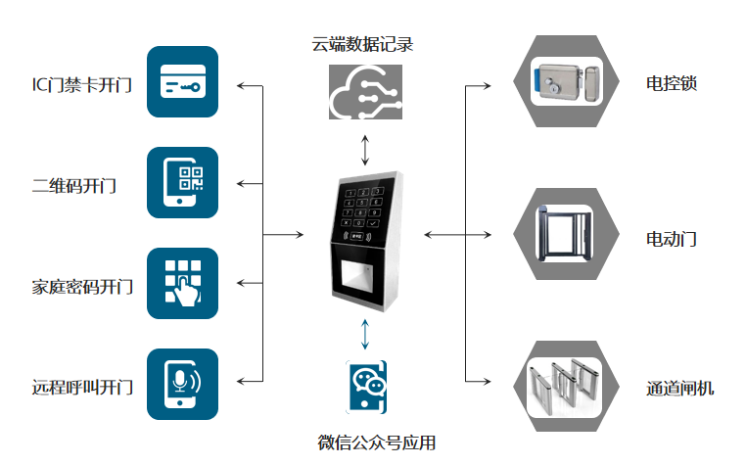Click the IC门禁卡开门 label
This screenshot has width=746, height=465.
(x=81, y=84)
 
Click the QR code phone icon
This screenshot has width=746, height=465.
(x=183, y=183)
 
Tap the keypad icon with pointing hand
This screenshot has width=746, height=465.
(x=183, y=283)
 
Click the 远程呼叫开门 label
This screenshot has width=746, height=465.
(x=81, y=387)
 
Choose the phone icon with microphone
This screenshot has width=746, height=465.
(x=183, y=383)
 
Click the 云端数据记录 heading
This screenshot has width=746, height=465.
(x=363, y=45)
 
